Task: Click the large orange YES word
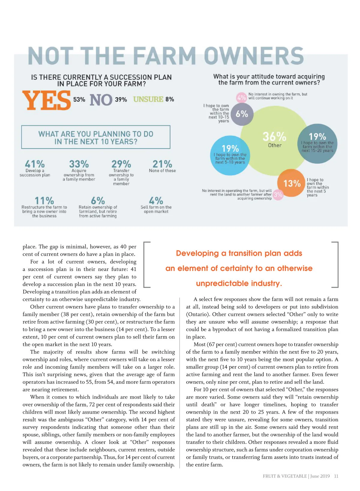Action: coord(46,100)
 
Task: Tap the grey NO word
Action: coord(101,100)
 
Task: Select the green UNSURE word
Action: coord(148,99)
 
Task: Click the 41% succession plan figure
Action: coord(35,164)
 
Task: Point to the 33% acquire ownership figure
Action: coord(79,164)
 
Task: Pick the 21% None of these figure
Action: coord(162,164)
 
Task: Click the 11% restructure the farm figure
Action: coord(44,200)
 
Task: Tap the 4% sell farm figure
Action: coord(156,200)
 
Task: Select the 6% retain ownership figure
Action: coord(98,200)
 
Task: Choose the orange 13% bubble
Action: coord(292,183)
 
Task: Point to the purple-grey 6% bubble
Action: coord(241,114)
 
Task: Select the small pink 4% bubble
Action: coord(241,97)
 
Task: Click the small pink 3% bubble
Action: coord(278,194)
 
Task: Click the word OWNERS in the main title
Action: coord(254,56)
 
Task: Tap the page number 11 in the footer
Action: coord(336,476)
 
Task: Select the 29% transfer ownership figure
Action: coord(121,164)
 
